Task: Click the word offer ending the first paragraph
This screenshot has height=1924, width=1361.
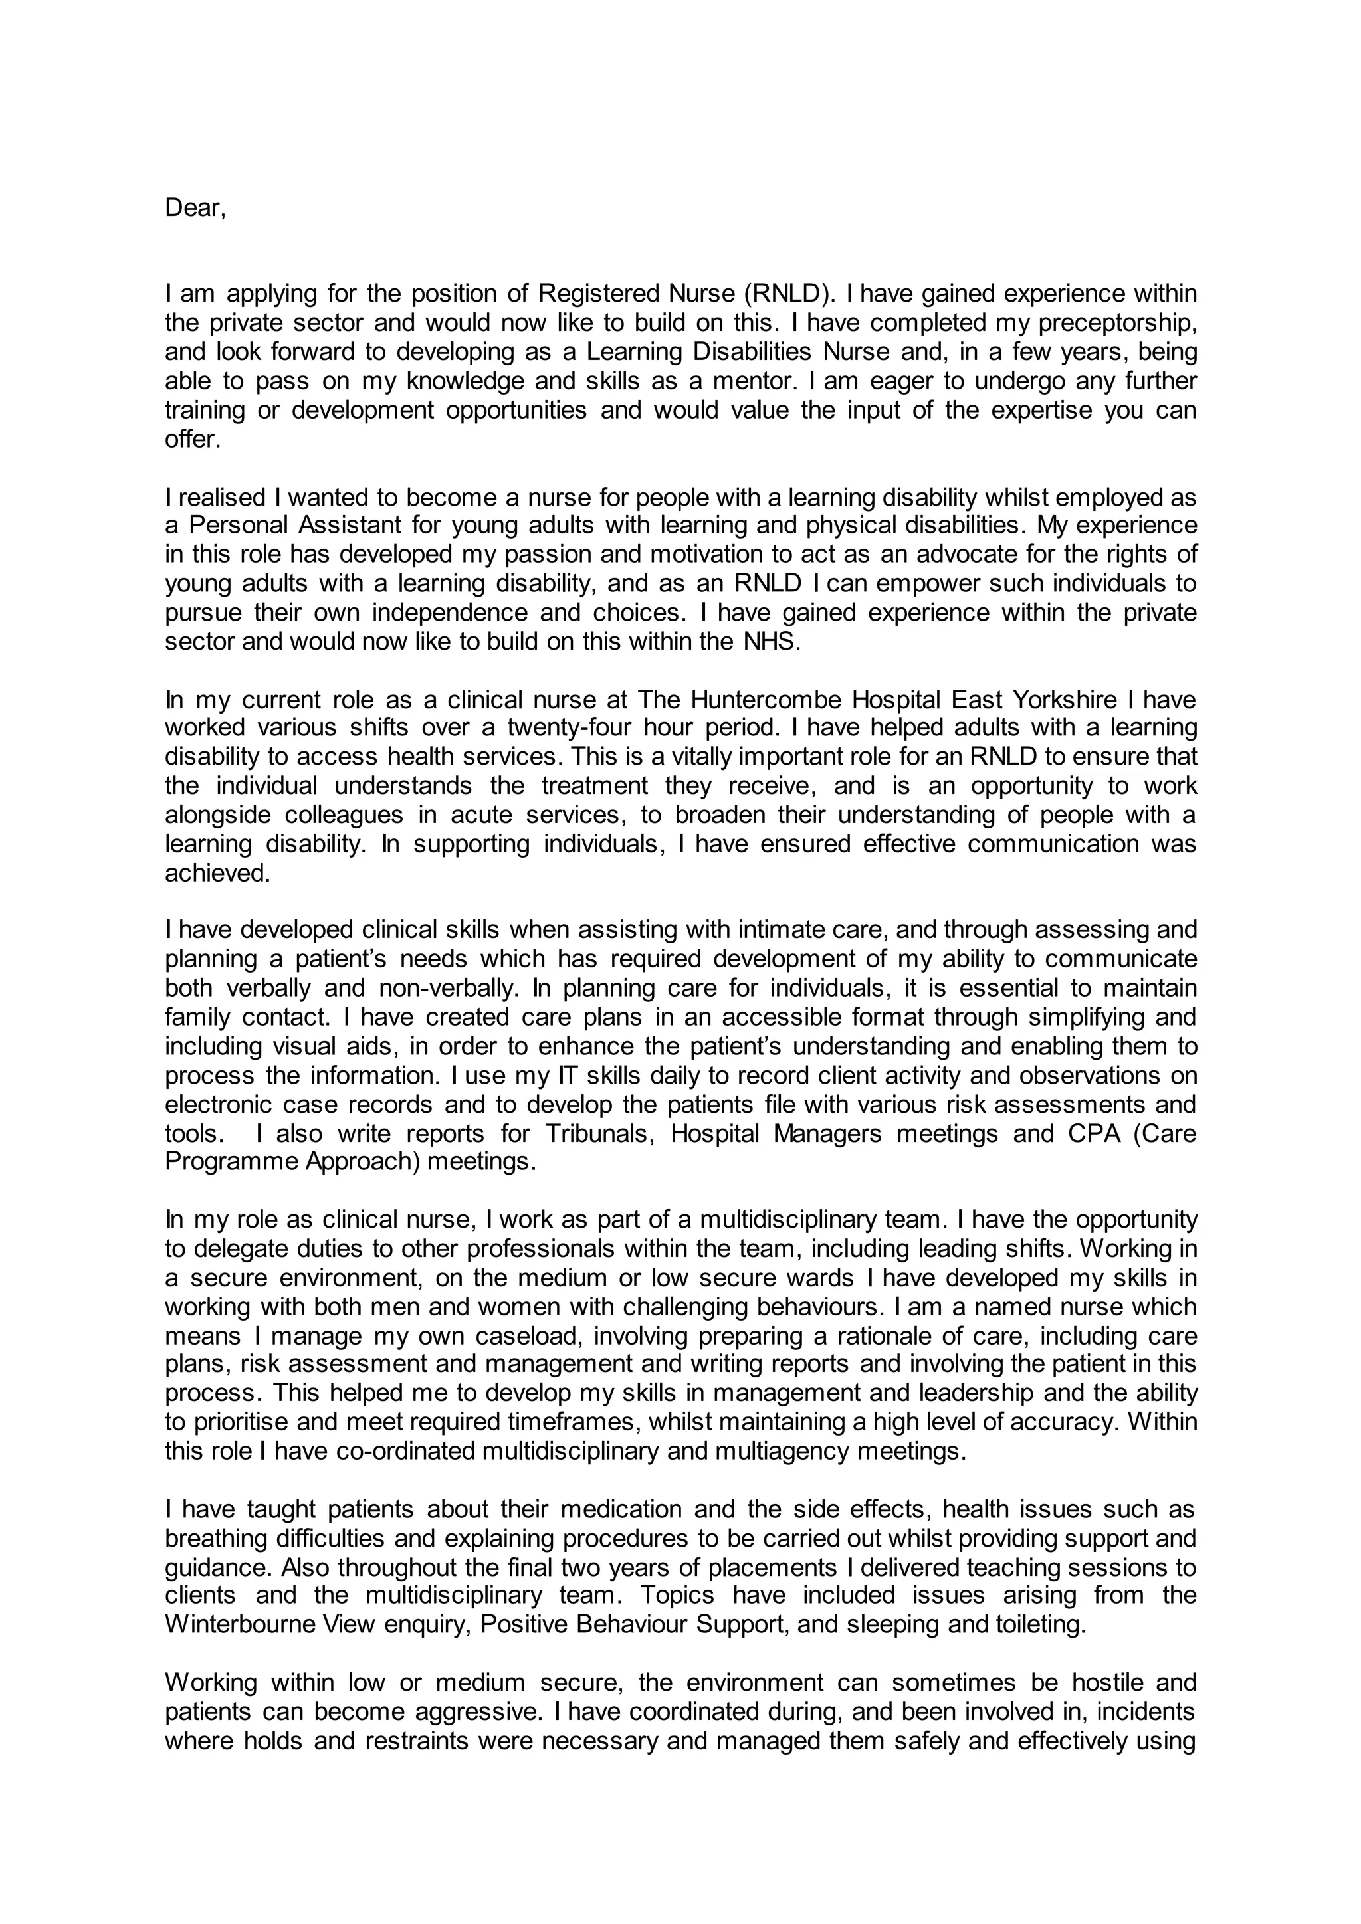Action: pyautogui.click(x=192, y=439)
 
